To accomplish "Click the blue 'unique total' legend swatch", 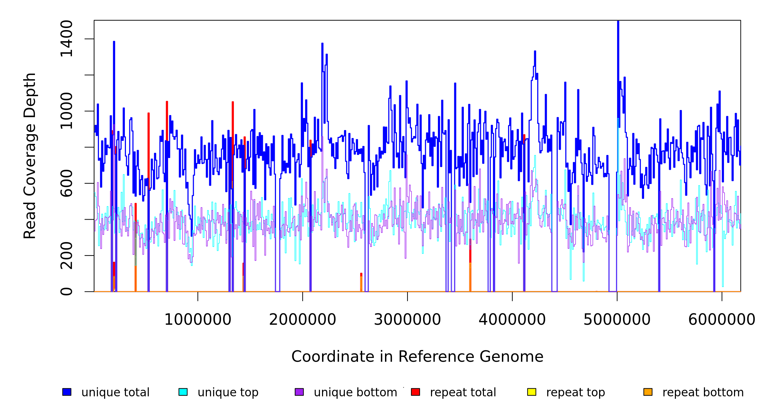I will click(x=67, y=392).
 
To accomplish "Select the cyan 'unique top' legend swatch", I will click(x=183, y=392).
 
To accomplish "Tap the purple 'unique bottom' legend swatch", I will click(x=299, y=392).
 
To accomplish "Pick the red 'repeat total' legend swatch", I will click(x=415, y=392).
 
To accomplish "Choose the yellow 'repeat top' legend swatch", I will click(x=532, y=392).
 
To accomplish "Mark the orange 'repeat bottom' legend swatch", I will click(x=648, y=392).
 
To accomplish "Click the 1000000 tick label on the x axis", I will click(x=198, y=320).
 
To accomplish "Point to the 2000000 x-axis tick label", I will click(x=302, y=320).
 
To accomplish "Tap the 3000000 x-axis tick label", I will click(x=407, y=320).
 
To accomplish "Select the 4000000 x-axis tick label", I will click(x=512, y=320).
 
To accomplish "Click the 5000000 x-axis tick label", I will click(x=617, y=320).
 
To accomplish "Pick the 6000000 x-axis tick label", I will click(x=722, y=320).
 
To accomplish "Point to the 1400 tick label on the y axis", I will click(x=66, y=39).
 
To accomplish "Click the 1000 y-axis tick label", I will click(x=66, y=111).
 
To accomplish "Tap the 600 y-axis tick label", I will click(x=66, y=183).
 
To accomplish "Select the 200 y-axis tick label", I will click(x=66, y=256).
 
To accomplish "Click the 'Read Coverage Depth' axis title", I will click(x=30, y=156).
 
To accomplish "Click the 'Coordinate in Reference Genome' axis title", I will click(x=417, y=357).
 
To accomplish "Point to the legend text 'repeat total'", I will click(x=463, y=393).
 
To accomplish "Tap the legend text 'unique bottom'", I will click(x=355, y=393).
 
